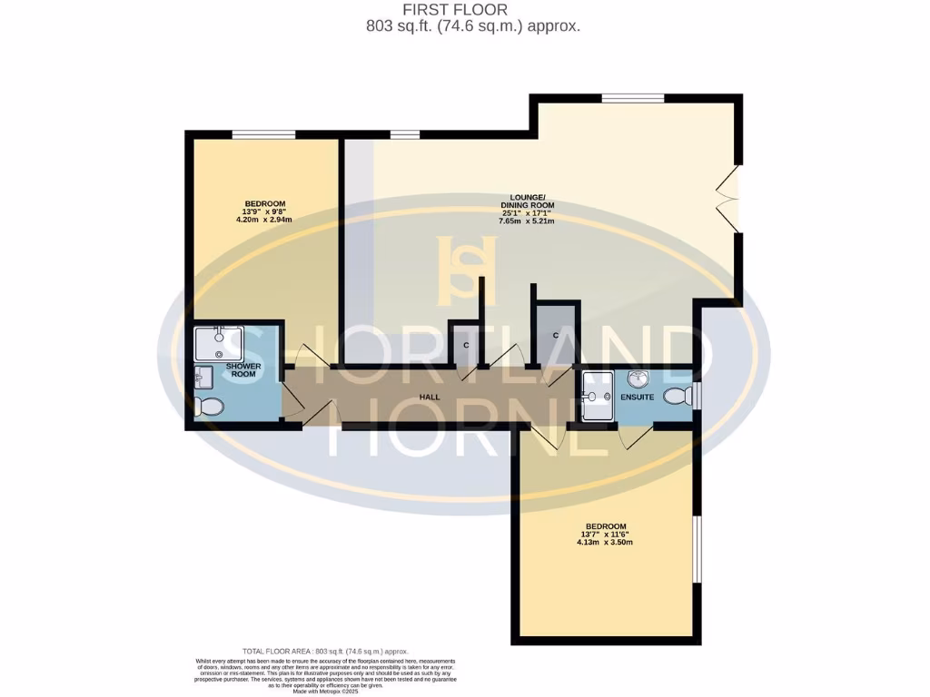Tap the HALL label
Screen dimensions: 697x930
[430, 398]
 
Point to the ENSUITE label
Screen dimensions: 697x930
[637, 397]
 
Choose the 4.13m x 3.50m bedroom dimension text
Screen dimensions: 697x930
[606, 543]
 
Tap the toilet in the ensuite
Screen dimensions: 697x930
[677, 397]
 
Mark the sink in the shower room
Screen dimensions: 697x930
[202, 375]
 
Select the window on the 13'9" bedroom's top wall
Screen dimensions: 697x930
[263, 135]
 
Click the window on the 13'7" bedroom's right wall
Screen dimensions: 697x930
[697, 549]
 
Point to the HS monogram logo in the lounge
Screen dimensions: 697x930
[467, 270]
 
